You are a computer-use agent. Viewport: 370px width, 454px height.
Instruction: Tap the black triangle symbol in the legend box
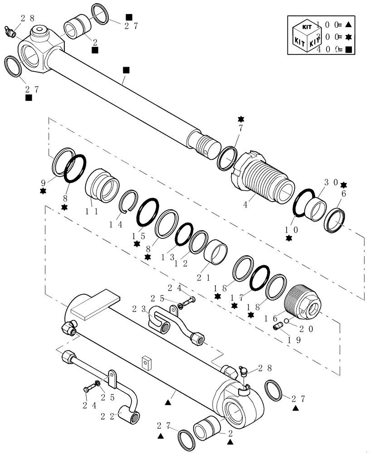pyautogui.click(x=349, y=24)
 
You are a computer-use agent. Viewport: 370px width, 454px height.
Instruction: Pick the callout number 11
pyautogui.click(x=92, y=210)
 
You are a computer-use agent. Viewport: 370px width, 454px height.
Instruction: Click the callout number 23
pyautogui.click(x=138, y=309)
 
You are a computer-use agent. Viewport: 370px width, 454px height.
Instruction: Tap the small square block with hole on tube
pyautogui.click(x=146, y=363)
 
